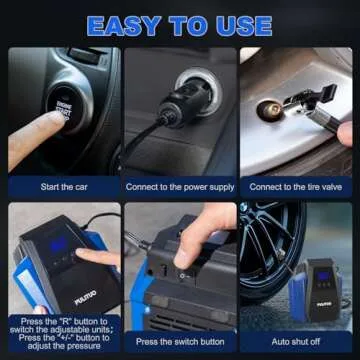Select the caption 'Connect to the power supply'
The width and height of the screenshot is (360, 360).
point(179,187)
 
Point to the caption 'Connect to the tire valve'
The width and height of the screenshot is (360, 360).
point(294,187)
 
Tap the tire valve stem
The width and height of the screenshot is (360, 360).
point(268,110)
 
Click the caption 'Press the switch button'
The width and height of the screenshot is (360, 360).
point(179,341)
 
